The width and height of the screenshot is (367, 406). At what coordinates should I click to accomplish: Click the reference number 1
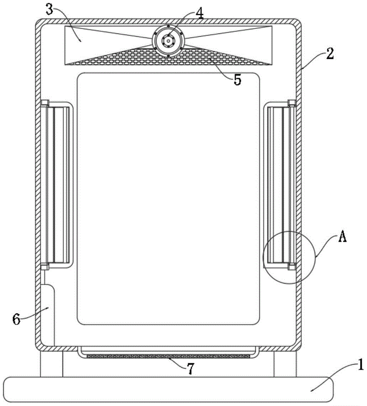(360, 366)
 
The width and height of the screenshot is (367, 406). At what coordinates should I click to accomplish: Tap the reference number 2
(330, 53)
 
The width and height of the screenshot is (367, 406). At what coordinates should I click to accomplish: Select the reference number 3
(49, 10)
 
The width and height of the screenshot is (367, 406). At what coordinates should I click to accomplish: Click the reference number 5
(237, 79)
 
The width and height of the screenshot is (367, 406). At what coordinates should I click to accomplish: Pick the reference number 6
(16, 319)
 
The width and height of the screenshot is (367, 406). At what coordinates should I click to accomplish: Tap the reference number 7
(191, 369)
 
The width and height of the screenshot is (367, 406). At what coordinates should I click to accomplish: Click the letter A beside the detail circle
(342, 236)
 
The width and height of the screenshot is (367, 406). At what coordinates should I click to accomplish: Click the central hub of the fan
(168, 40)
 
